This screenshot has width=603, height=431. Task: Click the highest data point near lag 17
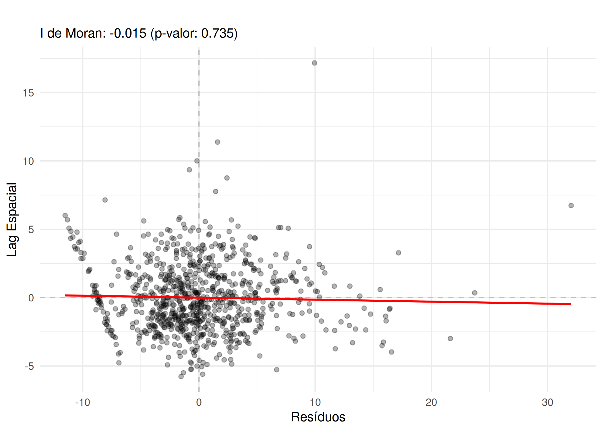[314, 63]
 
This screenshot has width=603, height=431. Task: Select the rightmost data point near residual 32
[571, 205]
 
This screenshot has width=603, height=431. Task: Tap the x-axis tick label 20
[431, 403]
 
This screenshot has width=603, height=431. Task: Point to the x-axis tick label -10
[82, 403]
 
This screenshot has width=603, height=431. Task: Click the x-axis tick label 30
[547, 403]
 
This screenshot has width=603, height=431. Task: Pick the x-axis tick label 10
[315, 403]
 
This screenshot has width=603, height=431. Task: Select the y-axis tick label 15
[28, 93]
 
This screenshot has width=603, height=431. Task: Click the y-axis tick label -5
[29, 366]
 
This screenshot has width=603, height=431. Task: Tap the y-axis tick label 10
[28, 161]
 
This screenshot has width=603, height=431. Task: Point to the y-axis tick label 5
[31, 230]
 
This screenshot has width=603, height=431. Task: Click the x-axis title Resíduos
[318, 417]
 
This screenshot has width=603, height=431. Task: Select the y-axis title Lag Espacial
[12, 220]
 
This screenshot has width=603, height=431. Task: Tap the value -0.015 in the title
[128, 33]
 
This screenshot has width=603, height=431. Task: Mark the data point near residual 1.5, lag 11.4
[217, 142]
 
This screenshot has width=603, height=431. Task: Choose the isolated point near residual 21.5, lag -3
[450, 338]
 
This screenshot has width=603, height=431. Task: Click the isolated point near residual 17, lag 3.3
[398, 253]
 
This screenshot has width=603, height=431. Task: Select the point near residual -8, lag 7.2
[105, 200]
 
